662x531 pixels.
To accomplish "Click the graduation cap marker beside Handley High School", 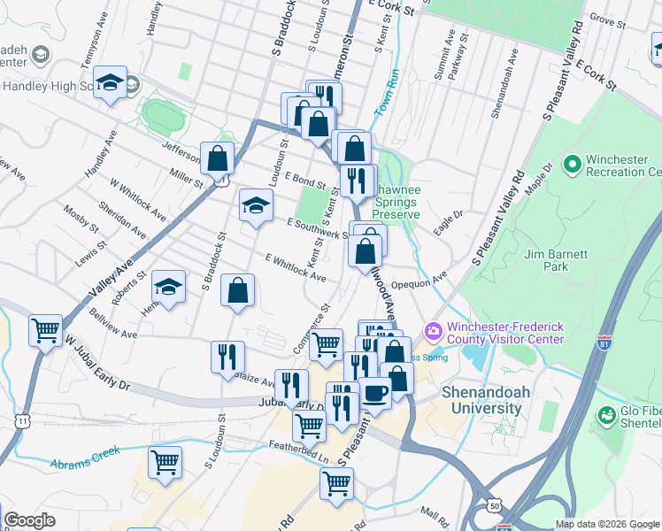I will pos(109,83).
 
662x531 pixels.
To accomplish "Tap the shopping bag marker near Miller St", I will pos(217,158).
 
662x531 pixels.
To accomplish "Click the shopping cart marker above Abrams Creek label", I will pos(165,463).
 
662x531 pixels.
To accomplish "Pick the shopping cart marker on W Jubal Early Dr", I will pos(45,331).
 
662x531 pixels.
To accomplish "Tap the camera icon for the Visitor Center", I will pos(433,330).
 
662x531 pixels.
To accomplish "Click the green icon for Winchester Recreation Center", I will pos(572,164).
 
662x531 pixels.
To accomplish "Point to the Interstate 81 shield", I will pos(605,341).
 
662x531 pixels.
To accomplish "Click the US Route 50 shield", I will pos(494,504).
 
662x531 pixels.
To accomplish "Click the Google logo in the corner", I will pos(29,520).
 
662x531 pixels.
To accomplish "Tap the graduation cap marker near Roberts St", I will pos(168,287).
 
